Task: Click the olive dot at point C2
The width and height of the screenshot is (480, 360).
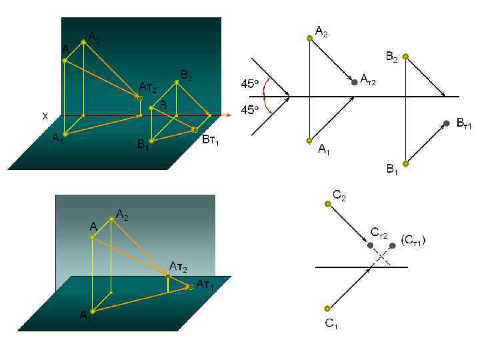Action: (x=327, y=205)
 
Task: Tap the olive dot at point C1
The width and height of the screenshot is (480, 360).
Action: (x=327, y=308)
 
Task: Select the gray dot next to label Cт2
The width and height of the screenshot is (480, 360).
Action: (x=371, y=245)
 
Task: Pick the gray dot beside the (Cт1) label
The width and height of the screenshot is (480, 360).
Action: (x=393, y=245)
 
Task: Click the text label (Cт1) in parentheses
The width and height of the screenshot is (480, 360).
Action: (x=413, y=239)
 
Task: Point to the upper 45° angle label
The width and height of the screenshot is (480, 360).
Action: (x=249, y=85)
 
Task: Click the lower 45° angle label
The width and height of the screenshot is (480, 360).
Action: (x=249, y=110)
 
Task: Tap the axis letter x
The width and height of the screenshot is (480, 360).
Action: (x=45, y=116)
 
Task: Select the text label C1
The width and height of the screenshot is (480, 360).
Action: (x=332, y=324)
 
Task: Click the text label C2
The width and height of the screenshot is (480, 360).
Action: (x=339, y=195)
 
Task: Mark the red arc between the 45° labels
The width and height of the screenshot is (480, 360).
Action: (x=266, y=97)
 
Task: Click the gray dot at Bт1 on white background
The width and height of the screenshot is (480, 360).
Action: (x=446, y=123)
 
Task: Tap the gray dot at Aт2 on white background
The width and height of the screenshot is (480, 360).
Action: (x=354, y=82)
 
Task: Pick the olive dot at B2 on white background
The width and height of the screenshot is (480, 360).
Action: (x=405, y=57)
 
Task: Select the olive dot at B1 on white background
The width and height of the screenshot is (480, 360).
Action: (x=405, y=163)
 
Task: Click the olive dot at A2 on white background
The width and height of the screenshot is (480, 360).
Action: (x=309, y=38)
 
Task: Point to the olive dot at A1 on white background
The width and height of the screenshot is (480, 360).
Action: (x=309, y=141)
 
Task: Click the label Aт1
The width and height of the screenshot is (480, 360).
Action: (x=205, y=285)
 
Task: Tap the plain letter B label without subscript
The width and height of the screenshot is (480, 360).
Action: (x=163, y=105)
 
